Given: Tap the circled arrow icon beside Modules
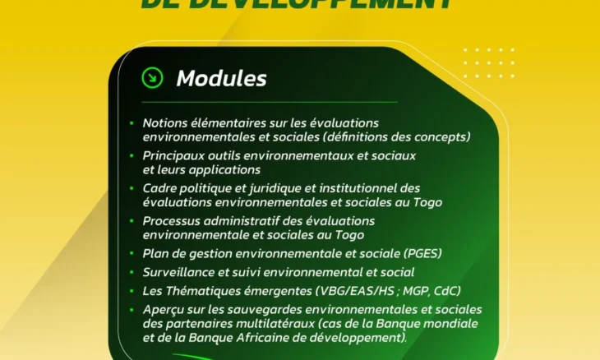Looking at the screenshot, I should (152, 77).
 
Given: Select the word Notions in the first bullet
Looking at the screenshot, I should (164, 122).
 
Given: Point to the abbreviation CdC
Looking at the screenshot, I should (445, 290).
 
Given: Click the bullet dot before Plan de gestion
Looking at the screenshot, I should (132, 253).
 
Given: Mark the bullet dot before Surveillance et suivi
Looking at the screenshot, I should (132, 272).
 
